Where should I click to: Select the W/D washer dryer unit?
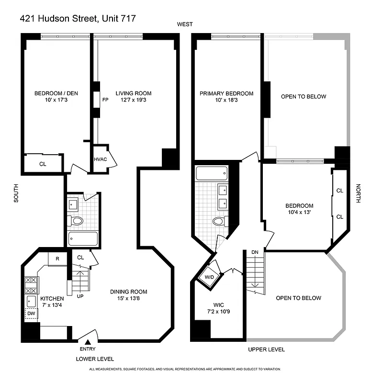[x=209, y=277]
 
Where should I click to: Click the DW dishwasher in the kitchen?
[x=32, y=314]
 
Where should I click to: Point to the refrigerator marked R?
[x=57, y=259]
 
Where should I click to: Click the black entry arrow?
[x=88, y=342]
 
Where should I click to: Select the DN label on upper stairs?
[x=255, y=252]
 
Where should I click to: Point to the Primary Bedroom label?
[x=226, y=93]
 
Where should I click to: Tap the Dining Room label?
[x=128, y=292]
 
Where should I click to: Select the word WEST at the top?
[x=184, y=24]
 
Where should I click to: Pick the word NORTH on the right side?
[x=358, y=193]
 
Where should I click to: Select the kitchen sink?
[x=32, y=301]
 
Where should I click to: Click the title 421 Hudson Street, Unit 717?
[x=78, y=19]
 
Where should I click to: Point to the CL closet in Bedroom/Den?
[x=43, y=164]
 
